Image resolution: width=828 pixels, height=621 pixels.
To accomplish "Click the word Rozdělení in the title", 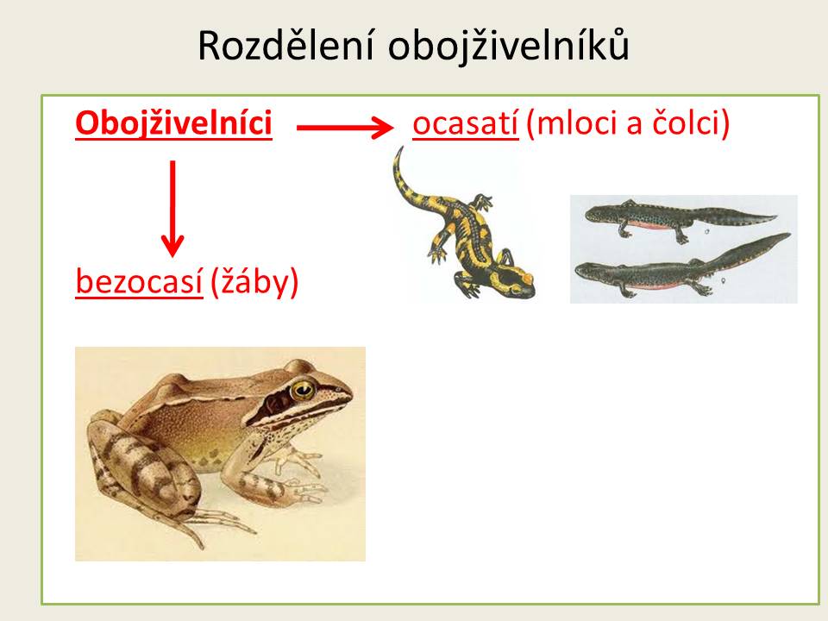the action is point(285,46).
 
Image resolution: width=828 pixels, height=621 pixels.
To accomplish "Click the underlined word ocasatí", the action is point(465,124).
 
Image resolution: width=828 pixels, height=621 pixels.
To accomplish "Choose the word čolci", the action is point(685,123).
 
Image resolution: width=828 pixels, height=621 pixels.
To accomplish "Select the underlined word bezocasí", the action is point(139,281).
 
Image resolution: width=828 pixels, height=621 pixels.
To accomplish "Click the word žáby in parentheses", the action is point(254,282).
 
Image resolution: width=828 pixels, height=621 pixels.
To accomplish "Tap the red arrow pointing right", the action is point(345,128).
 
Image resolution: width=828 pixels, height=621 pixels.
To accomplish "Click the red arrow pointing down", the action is point(172,209).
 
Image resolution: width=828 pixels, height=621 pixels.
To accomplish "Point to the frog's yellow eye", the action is point(303,390).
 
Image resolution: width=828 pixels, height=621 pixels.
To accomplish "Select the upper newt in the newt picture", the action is point(681,218).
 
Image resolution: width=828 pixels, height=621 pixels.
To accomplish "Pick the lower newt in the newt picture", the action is point(682,267).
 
